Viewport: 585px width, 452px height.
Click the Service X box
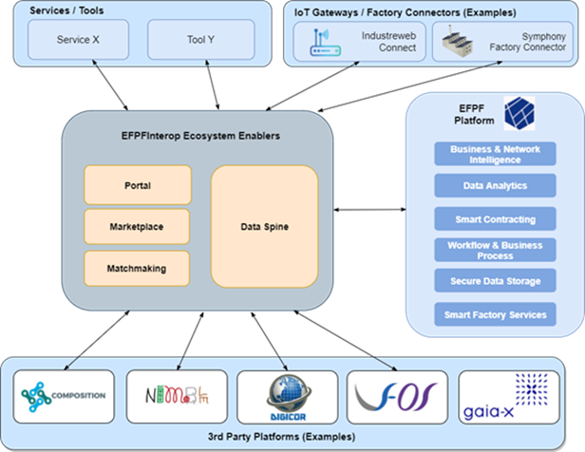78,40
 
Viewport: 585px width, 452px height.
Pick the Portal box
138,185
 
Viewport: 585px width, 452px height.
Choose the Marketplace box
138,227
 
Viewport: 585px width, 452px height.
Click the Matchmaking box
138,269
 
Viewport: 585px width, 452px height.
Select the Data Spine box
264,227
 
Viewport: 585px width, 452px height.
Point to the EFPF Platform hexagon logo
520,112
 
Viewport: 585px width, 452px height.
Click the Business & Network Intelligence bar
495,155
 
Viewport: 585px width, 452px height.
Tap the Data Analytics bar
495,186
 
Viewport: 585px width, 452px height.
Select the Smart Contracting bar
495,219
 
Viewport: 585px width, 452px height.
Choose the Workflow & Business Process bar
495,250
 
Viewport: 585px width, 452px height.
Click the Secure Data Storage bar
495,281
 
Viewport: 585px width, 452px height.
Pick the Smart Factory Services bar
495,314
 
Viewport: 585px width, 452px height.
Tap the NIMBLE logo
177,396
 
